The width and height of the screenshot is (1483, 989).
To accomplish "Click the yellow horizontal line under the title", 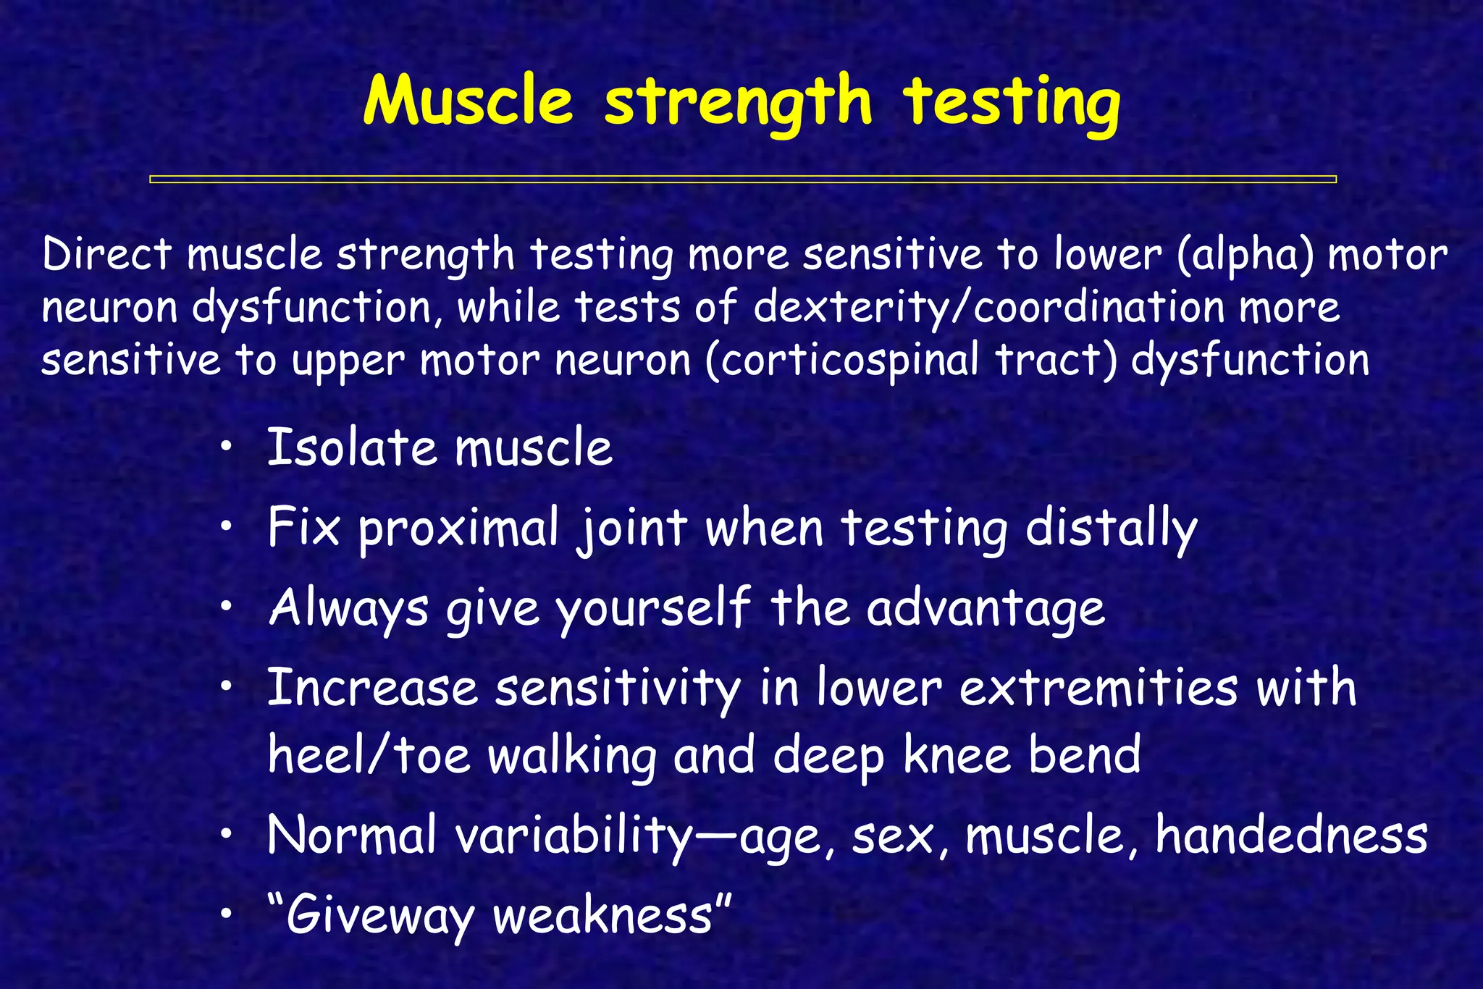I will pyautogui.click(x=742, y=179).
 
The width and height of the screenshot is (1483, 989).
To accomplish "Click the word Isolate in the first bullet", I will pyautogui.click(x=352, y=447).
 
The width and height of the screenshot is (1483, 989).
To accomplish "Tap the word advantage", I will pyautogui.click(x=986, y=610).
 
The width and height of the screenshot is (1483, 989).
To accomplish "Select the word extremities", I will pyautogui.click(x=1098, y=689).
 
